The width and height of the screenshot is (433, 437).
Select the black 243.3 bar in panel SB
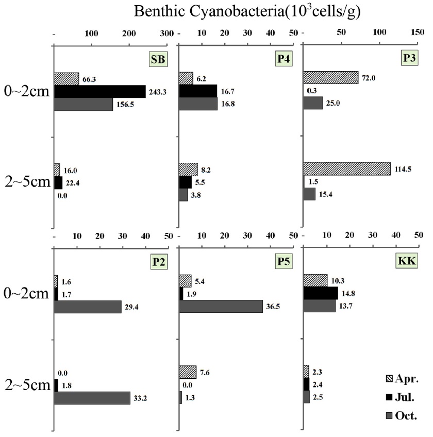pyautogui.click(x=99, y=91)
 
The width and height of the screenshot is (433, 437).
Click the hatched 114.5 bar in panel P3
pyautogui.click(x=346, y=169)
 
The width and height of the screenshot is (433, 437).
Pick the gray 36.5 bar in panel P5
pyautogui.click(x=221, y=306)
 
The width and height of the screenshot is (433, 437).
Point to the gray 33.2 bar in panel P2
pyautogui.click(x=92, y=398)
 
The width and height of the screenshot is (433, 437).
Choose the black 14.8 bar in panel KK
pyautogui.click(x=321, y=293)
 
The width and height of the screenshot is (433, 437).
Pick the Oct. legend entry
pyautogui.click(x=402, y=415)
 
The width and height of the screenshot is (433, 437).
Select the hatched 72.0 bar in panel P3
pyautogui.click(x=330, y=77)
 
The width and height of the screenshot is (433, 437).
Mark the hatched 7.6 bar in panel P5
pyautogui.click(x=188, y=372)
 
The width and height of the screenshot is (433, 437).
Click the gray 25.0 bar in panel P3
pyautogui.click(x=313, y=103)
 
